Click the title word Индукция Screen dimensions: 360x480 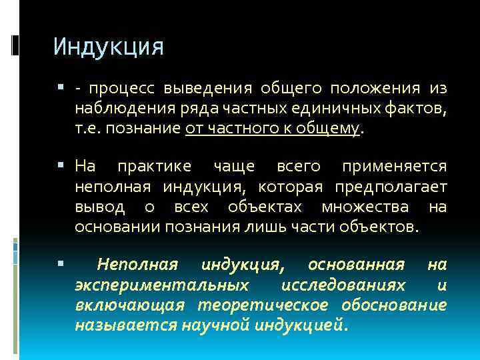pyautogui.click(x=108, y=47)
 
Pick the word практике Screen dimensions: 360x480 pyautogui.click(x=154, y=166)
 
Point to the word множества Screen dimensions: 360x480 pyautogui.click(x=366, y=207)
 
